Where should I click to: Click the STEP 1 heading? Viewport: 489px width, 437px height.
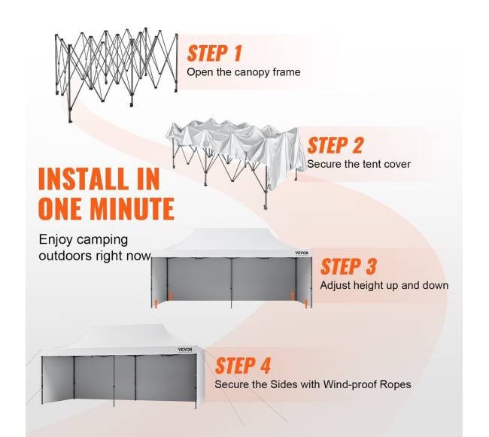[x=214, y=53]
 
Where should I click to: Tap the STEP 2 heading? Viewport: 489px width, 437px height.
[x=336, y=145]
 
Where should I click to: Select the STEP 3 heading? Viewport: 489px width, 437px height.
[x=348, y=266]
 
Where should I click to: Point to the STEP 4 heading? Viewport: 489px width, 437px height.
[x=243, y=366]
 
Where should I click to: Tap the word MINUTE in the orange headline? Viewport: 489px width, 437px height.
[x=132, y=208]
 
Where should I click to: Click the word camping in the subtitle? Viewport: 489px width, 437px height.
[x=102, y=241]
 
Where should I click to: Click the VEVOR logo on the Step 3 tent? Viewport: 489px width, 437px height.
[x=302, y=253]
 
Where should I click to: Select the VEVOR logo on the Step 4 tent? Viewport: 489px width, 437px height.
[x=185, y=350]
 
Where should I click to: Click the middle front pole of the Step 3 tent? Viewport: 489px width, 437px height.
[x=232, y=283]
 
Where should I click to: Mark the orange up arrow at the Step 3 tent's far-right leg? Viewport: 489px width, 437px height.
[x=306, y=304]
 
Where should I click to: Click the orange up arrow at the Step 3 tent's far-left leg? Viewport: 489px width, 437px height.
[x=156, y=303]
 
